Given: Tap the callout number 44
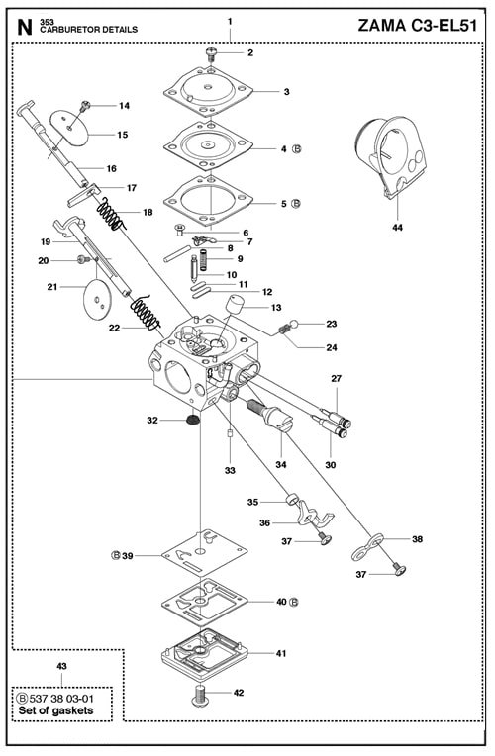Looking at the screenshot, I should coord(397,228).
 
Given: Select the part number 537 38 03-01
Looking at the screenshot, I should coord(65,698).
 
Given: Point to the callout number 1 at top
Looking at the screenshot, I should coord(230,21).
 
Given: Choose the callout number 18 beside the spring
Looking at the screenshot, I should coord(148,213).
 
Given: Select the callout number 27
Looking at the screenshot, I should coord(336,379).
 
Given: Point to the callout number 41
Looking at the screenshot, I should coord(281,654).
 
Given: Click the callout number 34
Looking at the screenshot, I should coord(280,464).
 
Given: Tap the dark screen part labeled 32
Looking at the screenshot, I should coord(193,421).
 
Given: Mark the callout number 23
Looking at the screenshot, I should coord(331,324).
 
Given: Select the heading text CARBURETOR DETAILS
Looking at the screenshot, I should coord(89,30).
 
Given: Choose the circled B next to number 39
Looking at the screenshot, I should coord(115,555).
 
